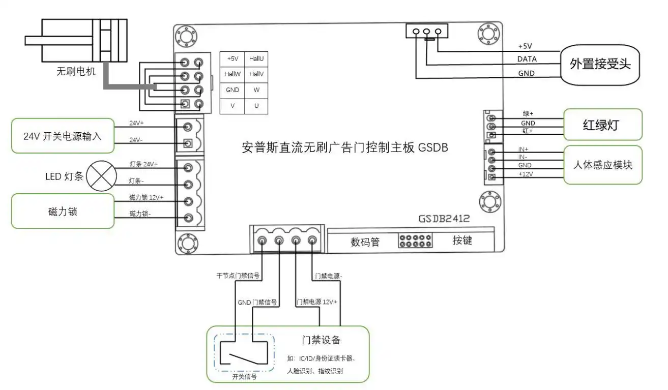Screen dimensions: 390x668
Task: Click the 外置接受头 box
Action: coord(600,64)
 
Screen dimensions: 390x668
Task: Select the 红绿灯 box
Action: coord(602,125)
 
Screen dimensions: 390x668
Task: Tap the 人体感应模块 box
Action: coord(602,165)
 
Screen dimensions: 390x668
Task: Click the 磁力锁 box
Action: coord(63,211)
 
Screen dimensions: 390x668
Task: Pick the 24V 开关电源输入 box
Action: coord(63,136)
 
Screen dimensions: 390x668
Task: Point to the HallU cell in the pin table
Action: coord(256,59)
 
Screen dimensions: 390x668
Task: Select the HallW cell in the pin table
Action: coord(233,74)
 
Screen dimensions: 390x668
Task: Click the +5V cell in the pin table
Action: coord(233,59)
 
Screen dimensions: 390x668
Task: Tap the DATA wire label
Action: coord(527,59)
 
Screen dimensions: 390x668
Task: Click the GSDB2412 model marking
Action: coord(444,219)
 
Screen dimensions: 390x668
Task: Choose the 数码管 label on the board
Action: coord(365,242)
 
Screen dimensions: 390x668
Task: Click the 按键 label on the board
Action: coord(462,241)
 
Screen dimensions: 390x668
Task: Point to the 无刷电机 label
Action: coord(75,72)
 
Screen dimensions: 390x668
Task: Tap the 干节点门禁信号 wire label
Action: coord(238,277)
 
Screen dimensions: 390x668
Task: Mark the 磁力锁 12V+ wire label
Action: coord(146,197)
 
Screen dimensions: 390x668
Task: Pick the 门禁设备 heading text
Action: coord(321,340)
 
